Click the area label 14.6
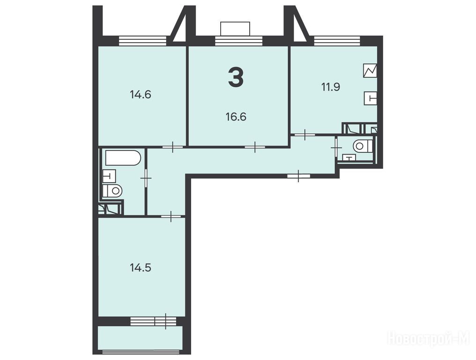click(x=140, y=95)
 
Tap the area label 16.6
click(x=236, y=117)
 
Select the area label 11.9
click(x=331, y=87)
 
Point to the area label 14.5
click(x=141, y=268)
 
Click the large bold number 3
click(x=236, y=77)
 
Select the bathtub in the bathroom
click(x=123, y=157)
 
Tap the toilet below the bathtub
click(x=112, y=191)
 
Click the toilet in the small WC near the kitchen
click(x=363, y=146)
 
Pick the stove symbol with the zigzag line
click(x=370, y=71)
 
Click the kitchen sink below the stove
click(x=371, y=98)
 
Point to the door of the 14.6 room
click(x=172, y=147)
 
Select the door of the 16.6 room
click(x=255, y=147)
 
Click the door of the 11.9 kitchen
click(x=305, y=134)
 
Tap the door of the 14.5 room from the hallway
click(x=171, y=216)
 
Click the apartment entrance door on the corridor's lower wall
click(x=299, y=176)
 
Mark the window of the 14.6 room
click(x=142, y=41)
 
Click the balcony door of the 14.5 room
click(x=165, y=321)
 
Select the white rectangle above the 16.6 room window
click(x=235, y=29)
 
